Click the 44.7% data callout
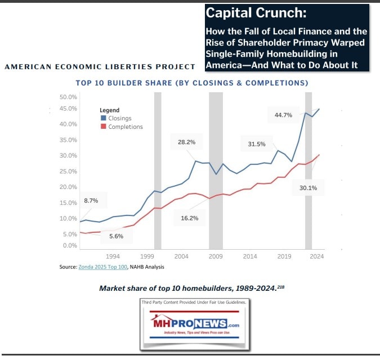[x=283, y=115]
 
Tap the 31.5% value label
[x=256, y=144]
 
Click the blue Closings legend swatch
[x=103, y=119]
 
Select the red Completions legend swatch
[x=103, y=127]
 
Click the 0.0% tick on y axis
[x=70, y=246]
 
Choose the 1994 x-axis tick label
[x=113, y=256]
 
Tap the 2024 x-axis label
[x=316, y=256]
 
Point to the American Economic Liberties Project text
[x=100, y=67]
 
